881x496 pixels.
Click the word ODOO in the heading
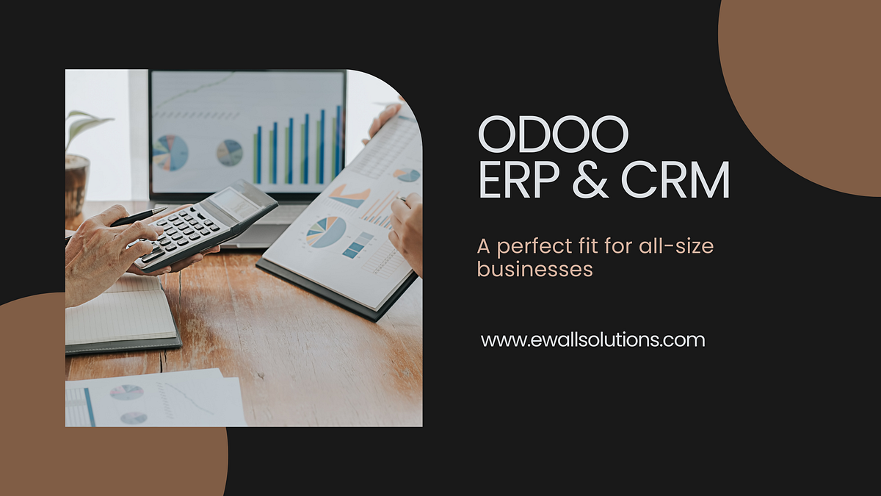coord(553,136)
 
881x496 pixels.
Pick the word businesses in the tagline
coord(534,270)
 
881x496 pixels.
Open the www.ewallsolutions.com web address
coord(592,340)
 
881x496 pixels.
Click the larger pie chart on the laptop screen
coord(170,152)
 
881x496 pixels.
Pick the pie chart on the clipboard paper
coord(326,231)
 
